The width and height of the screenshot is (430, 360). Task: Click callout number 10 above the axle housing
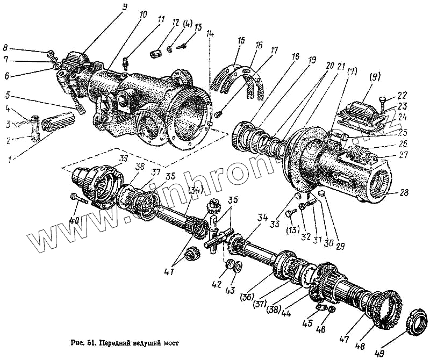[142, 15]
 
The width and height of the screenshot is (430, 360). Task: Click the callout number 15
[240, 40]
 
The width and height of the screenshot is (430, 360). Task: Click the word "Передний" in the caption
[111, 342]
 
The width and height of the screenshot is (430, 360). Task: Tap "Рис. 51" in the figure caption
[80, 342]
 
